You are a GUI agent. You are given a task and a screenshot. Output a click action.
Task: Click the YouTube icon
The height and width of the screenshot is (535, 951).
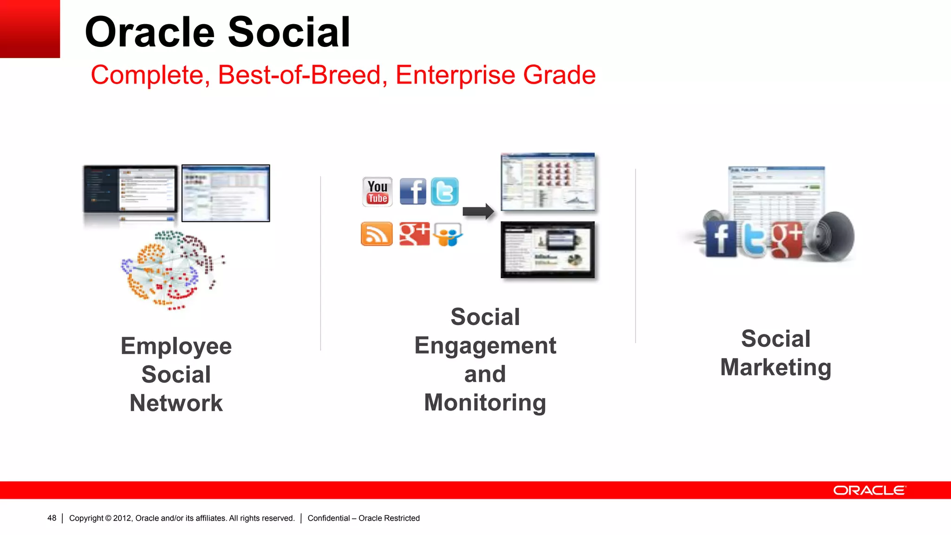tap(377, 192)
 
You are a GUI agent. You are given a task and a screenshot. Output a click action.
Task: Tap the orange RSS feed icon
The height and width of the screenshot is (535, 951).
tap(376, 234)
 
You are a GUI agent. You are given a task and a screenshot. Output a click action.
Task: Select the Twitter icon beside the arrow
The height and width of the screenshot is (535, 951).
tap(444, 191)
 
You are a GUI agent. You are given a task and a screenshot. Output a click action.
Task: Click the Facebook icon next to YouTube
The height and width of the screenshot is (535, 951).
tap(412, 191)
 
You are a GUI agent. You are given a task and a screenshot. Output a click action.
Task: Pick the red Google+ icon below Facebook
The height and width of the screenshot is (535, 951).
tap(414, 234)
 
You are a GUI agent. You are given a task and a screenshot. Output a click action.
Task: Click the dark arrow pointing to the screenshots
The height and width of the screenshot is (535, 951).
tap(478, 211)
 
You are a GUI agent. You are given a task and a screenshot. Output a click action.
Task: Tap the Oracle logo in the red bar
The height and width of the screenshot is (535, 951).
tap(869, 490)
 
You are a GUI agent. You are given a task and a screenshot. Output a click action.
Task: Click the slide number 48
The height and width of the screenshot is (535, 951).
tap(52, 518)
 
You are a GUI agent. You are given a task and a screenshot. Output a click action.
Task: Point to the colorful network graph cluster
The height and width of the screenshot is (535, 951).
tap(172, 269)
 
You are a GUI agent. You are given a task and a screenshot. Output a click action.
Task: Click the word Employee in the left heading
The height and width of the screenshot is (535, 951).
tap(176, 346)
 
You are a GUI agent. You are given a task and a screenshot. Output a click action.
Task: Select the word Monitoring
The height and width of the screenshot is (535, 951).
tap(485, 403)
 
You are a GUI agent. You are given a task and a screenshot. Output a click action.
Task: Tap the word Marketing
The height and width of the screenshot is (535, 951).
tap(775, 367)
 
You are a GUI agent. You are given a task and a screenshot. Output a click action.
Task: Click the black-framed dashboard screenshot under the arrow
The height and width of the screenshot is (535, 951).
tap(547, 249)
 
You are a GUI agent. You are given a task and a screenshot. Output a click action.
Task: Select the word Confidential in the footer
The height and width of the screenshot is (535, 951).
tap(328, 518)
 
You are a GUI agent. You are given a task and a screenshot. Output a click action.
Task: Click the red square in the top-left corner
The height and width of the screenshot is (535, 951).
tap(30, 29)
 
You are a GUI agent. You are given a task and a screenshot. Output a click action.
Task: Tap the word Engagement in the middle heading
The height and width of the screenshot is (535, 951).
tap(485, 346)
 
